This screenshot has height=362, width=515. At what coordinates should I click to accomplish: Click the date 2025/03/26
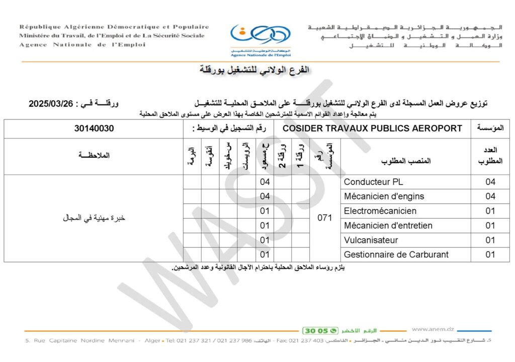tap(51, 104)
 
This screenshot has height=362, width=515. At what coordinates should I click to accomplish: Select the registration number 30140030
tap(94, 128)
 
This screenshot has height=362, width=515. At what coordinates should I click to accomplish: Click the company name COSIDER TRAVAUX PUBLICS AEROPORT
tap(372, 128)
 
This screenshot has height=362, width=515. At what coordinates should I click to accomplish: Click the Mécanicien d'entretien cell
tap(388, 226)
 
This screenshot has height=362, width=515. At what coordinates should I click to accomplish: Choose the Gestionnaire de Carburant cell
tap(396, 255)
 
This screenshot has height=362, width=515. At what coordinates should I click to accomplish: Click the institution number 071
tap(325, 218)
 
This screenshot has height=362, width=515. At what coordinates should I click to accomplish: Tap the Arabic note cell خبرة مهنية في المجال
tap(94, 218)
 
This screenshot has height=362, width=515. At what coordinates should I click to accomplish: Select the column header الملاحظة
tap(94, 157)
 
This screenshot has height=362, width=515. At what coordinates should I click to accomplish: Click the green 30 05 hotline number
tap(316, 331)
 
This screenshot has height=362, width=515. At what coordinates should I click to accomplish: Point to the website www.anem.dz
tap(433, 329)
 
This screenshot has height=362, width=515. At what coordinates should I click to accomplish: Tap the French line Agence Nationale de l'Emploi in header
tap(82, 45)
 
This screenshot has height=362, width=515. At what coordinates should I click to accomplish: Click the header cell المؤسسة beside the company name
tap(490, 128)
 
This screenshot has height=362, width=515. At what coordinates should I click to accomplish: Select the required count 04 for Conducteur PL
tap(490, 182)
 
